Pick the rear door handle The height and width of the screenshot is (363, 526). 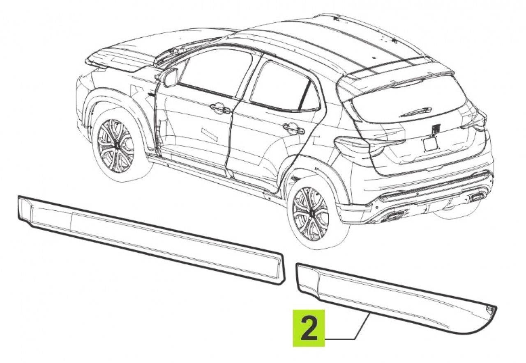294,128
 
